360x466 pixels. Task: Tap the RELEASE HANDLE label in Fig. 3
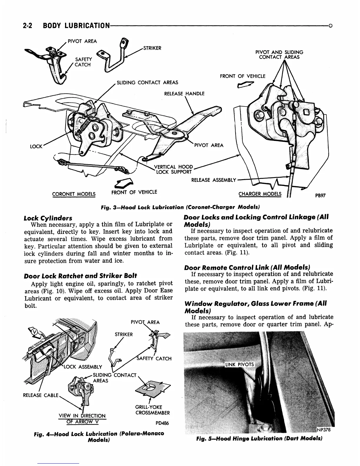click(184, 94)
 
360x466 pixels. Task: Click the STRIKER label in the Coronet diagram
click(152, 48)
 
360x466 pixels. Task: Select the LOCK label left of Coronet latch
click(36, 146)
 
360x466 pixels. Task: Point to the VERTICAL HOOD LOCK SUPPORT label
click(173, 169)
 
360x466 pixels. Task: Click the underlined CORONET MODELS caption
click(74, 194)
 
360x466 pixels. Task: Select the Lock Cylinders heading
click(48, 218)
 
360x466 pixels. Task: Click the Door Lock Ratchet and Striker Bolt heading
click(80, 276)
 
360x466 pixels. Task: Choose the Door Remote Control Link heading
click(247, 268)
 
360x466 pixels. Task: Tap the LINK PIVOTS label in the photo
click(239, 365)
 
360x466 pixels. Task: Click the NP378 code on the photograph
click(324, 429)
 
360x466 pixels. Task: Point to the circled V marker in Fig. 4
click(34, 332)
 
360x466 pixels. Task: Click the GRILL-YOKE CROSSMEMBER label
click(152, 410)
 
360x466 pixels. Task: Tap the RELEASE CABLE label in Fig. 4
click(41, 395)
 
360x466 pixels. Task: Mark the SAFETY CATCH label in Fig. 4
click(154, 359)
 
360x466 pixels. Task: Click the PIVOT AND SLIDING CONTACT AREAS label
click(279, 54)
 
